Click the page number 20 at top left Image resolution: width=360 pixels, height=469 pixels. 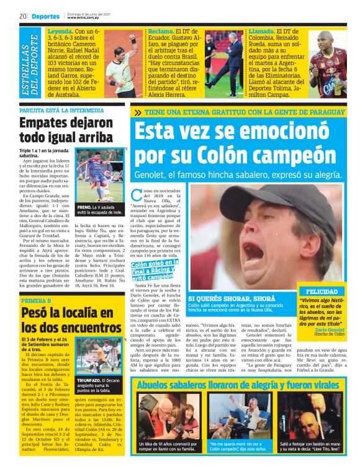point(21,16)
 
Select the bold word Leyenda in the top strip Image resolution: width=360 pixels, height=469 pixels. point(60,30)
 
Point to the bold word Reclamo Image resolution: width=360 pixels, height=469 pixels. point(161,30)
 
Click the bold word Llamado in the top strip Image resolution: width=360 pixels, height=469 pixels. point(263,30)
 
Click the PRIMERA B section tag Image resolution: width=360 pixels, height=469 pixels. point(38,300)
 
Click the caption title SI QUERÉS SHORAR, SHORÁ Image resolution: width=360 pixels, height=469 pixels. point(233,298)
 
